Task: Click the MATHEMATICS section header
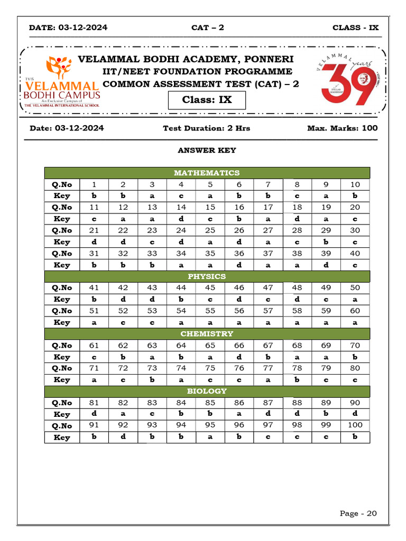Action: click(207, 173)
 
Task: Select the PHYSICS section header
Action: click(207, 276)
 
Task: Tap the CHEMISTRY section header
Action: click(207, 334)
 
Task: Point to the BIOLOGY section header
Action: click(207, 391)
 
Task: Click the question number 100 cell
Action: click(355, 425)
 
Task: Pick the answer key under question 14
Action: click(181, 219)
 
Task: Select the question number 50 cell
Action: click(355, 288)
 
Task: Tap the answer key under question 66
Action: click(239, 357)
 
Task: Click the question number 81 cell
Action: click(94, 403)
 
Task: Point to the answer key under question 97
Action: click(268, 437)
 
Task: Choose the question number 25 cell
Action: click(210, 230)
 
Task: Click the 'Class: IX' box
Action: click(207, 100)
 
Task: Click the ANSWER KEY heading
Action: click(207, 151)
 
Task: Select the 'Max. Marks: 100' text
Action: click(342, 128)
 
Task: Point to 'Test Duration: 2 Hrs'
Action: click(206, 128)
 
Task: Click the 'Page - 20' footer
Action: click(358, 514)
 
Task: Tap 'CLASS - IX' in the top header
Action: click(355, 27)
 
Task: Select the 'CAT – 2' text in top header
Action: click(207, 27)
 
